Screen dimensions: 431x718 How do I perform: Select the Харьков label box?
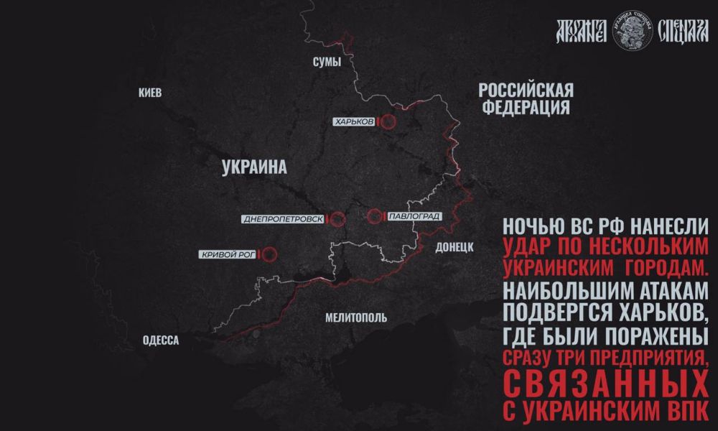click(x=354, y=122)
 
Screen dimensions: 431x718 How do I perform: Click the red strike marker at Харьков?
click(x=388, y=122)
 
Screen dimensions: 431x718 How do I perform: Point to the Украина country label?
click(x=254, y=167)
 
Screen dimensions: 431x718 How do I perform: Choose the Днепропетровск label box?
click(x=283, y=218)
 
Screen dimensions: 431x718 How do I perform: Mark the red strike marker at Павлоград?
click(x=374, y=215)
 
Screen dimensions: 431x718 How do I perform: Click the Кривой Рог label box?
click(x=228, y=254)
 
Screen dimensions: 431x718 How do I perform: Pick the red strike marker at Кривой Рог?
click(x=269, y=254)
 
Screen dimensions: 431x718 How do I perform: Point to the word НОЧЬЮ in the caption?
click(x=531, y=225)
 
